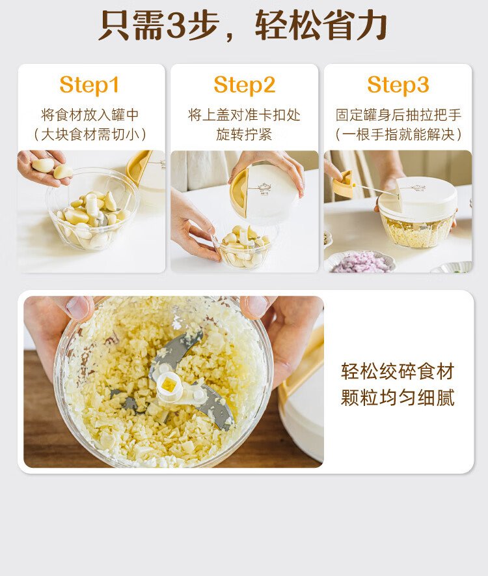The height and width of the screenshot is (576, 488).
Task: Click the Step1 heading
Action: point(89,85)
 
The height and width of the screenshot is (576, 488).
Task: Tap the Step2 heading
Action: point(245,85)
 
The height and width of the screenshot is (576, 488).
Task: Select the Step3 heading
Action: point(398,85)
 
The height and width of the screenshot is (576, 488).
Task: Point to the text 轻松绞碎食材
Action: point(398,371)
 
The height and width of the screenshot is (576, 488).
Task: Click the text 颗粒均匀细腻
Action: point(398,397)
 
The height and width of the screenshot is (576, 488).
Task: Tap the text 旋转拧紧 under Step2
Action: point(245,135)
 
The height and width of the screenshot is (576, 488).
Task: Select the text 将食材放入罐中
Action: point(90,115)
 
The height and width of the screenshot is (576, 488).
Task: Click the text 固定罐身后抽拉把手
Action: point(398,115)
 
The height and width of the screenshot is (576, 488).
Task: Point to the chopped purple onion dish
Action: point(361,263)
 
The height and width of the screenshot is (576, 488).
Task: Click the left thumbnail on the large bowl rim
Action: point(78,308)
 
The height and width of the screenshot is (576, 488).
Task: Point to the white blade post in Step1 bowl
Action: point(92,205)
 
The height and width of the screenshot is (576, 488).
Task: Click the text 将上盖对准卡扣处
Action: point(245,115)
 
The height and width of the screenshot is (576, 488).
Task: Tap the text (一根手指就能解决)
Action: point(398,135)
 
